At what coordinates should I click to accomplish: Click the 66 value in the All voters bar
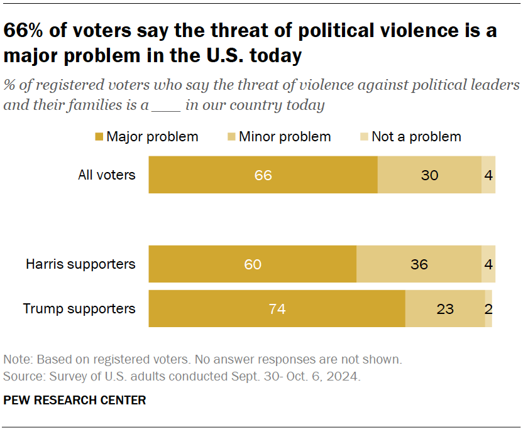coord(263,175)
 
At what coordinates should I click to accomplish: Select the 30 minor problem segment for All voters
coord(429,175)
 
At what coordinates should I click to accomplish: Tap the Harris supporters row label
coord(80,264)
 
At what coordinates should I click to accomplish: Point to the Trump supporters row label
coord(79,308)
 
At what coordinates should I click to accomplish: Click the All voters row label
coord(106,175)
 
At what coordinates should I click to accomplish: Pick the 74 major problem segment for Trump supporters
coord(277,309)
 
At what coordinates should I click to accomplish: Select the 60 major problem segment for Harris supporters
coord(253,264)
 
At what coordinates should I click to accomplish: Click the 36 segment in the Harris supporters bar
coord(419,264)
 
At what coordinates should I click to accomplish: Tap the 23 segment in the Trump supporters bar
coord(444,309)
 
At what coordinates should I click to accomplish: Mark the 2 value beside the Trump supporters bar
coord(488,309)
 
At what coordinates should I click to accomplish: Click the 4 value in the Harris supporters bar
coord(488,264)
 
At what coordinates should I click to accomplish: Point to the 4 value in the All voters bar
coord(488,175)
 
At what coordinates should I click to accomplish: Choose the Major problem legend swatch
coord(99,137)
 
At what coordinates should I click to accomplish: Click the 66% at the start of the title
coord(26,31)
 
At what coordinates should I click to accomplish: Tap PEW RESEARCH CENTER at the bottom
coord(75,400)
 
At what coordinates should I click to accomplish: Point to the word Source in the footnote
coord(22,377)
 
